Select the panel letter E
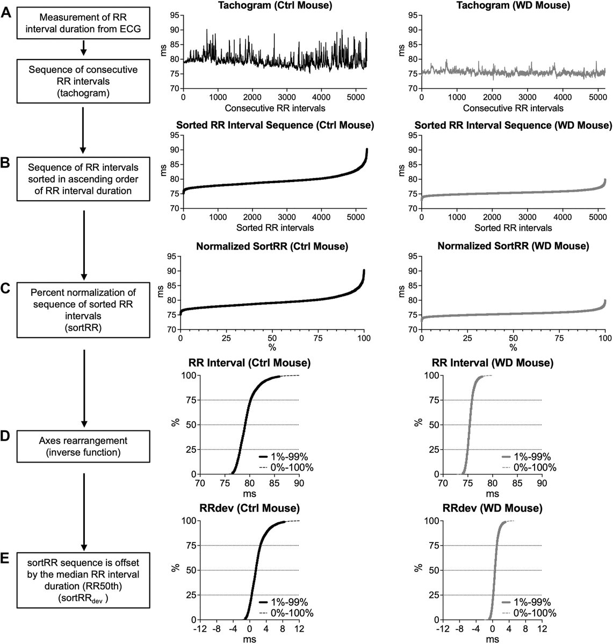click(6, 559)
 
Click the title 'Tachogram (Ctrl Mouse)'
click(275, 6)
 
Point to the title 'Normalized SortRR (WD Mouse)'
click(513, 246)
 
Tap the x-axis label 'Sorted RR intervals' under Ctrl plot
click(275, 228)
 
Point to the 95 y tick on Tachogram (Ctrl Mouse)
click(174, 16)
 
